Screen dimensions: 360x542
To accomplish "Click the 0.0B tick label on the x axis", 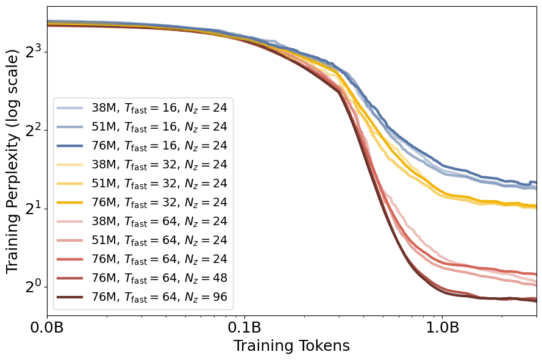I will coord(48,328).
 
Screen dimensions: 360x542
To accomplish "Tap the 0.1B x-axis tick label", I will coord(244,328).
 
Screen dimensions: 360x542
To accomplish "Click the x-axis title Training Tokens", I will coord(291,347).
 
